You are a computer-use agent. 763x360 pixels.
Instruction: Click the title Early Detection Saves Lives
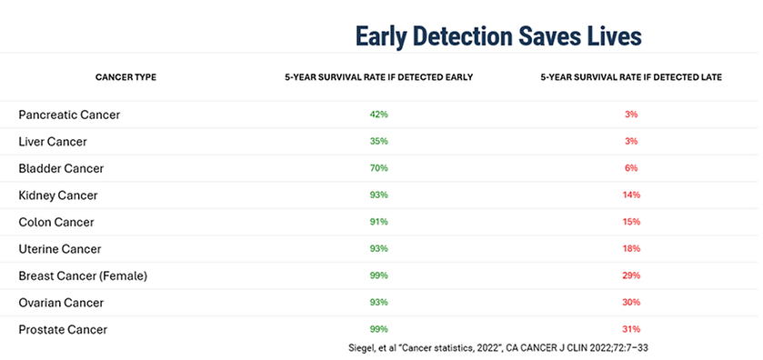point(498,35)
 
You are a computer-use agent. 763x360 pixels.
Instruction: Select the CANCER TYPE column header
point(125,77)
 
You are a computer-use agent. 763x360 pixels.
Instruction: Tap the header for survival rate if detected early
point(378,77)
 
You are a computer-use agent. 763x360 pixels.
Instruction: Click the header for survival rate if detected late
point(631,77)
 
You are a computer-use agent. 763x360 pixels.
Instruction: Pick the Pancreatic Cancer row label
point(69,115)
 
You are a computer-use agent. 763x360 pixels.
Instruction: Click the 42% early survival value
point(378,115)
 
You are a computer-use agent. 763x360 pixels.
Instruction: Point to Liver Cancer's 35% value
point(378,141)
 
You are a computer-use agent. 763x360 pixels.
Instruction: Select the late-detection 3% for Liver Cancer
point(631,141)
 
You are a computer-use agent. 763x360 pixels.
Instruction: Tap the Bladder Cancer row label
point(61,168)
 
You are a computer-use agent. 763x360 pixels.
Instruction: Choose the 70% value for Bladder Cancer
point(378,168)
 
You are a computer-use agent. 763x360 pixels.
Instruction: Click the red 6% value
point(631,168)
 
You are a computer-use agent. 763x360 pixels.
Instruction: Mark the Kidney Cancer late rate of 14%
point(631,195)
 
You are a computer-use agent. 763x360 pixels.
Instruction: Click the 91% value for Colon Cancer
point(378,222)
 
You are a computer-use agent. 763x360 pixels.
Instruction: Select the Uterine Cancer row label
point(59,248)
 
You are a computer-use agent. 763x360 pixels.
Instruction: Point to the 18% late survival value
point(631,248)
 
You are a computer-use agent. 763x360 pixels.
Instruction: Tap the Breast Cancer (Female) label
point(83,275)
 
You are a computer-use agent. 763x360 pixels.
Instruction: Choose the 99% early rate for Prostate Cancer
point(378,329)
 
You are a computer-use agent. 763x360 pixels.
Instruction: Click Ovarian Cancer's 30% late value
point(631,302)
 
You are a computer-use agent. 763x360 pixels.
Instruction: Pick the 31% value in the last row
point(631,329)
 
